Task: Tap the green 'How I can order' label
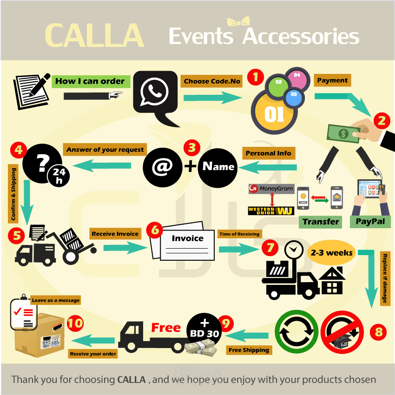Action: (90, 81)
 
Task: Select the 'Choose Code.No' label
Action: (212, 81)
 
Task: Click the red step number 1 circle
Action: (255, 77)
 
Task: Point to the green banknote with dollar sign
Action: (343, 133)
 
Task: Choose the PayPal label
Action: (370, 221)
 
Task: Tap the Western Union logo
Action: (271, 211)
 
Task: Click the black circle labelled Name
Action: (218, 166)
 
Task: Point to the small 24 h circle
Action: (59, 175)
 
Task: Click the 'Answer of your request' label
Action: (105, 150)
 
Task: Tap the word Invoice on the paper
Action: (188, 238)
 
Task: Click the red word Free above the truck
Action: (166, 328)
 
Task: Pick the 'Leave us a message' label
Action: (55, 300)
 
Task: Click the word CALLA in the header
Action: (94, 35)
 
